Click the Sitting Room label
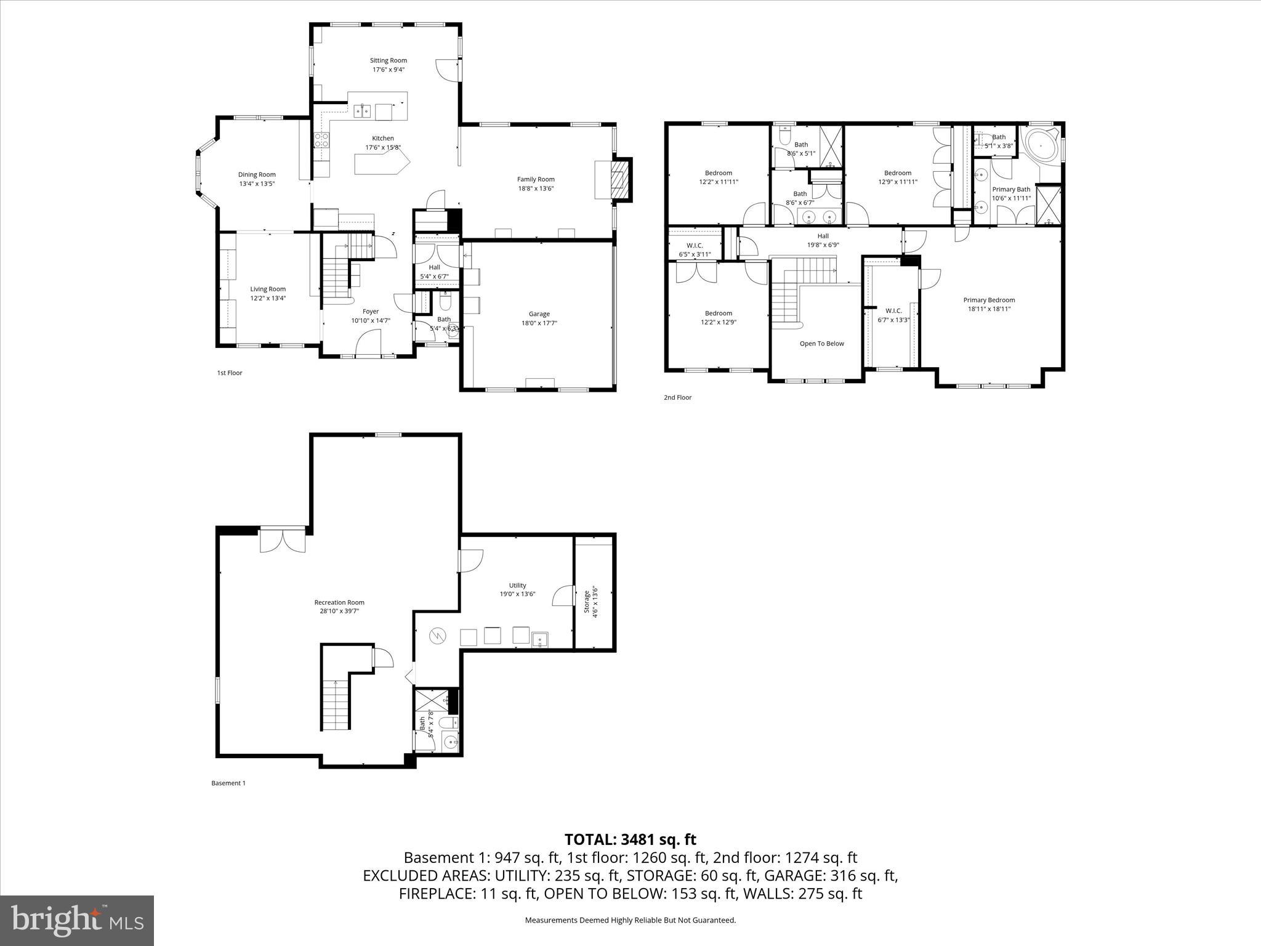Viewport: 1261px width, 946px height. click(x=388, y=60)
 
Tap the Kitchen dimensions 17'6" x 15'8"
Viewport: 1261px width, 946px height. click(x=382, y=147)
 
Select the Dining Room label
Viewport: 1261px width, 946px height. click(x=257, y=174)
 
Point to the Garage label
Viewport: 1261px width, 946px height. click(x=539, y=313)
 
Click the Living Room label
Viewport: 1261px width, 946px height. click(x=268, y=289)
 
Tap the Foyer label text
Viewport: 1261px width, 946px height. click(x=371, y=312)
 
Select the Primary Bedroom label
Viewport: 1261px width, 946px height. click(x=989, y=300)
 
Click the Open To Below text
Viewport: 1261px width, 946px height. click(x=821, y=344)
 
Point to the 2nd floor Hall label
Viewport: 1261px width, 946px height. click(x=823, y=236)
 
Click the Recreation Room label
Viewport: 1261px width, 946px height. click(x=339, y=602)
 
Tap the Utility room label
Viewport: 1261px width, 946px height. click(x=517, y=585)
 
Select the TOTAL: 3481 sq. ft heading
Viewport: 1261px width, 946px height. click(x=630, y=839)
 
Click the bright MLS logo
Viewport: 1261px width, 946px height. click(x=77, y=921)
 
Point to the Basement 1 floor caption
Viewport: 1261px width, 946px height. click(x=228, y=783)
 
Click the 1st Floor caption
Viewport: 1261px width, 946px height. click(x=230, y=373)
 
